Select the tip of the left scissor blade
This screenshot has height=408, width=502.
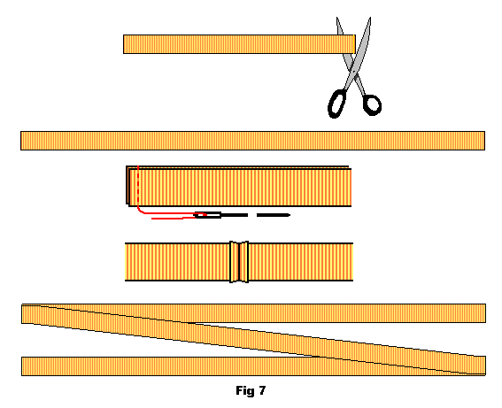[x=336, y=18]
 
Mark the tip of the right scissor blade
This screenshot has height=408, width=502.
[x=370, y=18]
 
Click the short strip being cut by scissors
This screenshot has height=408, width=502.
[x=239, y=44]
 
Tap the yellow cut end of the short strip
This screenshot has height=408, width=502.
[x=354, y=44]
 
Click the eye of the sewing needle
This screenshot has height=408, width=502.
[x=208, y=215]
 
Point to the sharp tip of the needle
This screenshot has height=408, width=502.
[x=290, y=215]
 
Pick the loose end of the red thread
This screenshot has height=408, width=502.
[x=152, y=219]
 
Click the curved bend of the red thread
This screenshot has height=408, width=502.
[x=140, y=211]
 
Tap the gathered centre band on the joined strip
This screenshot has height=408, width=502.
[x=239, y=262]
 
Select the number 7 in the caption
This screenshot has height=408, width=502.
[x=262, y=390]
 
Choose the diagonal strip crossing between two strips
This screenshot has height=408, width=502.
[x=253, y=340]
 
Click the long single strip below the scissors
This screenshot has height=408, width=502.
[x=252, y=141]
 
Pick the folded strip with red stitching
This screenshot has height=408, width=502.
[x=239, y=186]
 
